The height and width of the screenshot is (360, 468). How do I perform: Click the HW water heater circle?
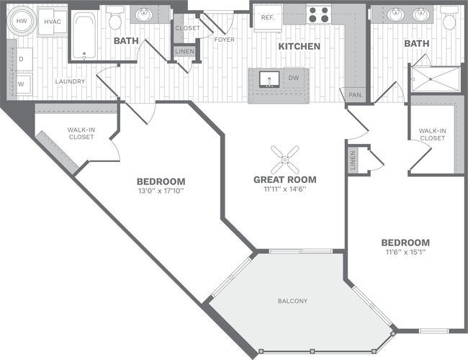point(22,22)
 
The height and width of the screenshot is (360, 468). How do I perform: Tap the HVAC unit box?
point(52,22)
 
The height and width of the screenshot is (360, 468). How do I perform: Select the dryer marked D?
point(21,58)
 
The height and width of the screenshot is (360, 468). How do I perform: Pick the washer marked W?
point(21,84)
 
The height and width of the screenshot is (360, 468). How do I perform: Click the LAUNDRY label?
point(71,81)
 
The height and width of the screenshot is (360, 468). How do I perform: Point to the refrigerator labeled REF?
point(267,17)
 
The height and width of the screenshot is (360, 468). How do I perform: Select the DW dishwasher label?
point(294,78)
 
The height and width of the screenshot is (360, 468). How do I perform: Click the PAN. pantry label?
point(355,94)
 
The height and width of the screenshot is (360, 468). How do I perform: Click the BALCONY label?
point(293,300)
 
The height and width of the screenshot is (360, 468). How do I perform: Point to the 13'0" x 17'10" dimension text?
point(161,192)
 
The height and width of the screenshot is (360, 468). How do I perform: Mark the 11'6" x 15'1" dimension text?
point(405,253)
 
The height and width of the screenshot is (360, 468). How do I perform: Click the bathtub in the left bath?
point(85,36)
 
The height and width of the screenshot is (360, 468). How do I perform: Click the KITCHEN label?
point(300,47)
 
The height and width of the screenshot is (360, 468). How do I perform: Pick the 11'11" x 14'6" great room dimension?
point(284,190)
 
